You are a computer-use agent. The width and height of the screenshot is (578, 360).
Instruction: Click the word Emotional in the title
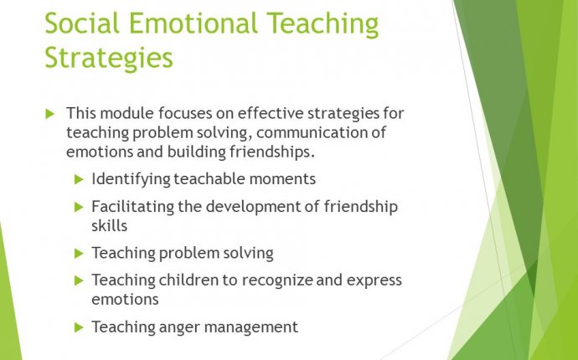(194, 23)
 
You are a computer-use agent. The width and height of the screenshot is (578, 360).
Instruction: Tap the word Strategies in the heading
(109, 59)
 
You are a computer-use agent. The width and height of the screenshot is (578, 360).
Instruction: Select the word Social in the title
(82, 23)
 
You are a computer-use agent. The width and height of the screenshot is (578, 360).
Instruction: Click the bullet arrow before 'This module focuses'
(50, 114)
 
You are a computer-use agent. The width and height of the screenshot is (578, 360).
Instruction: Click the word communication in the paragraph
(312, 132)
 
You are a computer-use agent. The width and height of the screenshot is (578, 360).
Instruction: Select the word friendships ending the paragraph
(271, 152)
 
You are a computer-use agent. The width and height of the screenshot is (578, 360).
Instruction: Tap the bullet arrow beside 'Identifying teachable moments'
(79, 179)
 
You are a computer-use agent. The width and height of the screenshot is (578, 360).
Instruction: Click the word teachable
(209, 179)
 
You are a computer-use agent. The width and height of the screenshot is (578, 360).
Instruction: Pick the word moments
(282, 179)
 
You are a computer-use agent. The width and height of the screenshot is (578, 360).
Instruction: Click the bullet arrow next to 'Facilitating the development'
(79, 207)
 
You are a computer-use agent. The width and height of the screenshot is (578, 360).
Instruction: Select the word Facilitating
(132, 207)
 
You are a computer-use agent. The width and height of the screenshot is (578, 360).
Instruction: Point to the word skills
(110, 226)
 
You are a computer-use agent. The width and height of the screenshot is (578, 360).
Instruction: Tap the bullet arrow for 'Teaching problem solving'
(79, 254)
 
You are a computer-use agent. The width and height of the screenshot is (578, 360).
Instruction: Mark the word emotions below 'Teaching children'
(126, 299)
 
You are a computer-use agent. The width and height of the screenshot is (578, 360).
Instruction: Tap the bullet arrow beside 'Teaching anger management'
(79, 327)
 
